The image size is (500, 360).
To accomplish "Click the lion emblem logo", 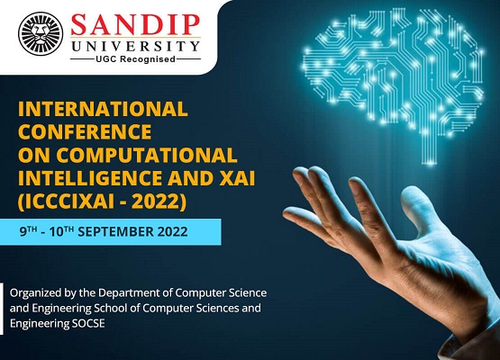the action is point(41,34).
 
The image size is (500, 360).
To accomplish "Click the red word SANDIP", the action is point(135,24).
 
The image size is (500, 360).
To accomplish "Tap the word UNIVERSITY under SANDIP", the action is point(135,46).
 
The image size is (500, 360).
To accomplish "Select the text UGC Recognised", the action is point(135,58).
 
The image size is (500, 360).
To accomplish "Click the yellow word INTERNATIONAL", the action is point(103,109).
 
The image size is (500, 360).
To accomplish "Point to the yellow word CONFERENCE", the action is point(85,132).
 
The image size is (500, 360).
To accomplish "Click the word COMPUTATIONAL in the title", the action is point(146,155).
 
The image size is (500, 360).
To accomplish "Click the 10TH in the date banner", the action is point(61,231).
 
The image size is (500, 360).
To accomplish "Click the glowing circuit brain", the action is point(394,72).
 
